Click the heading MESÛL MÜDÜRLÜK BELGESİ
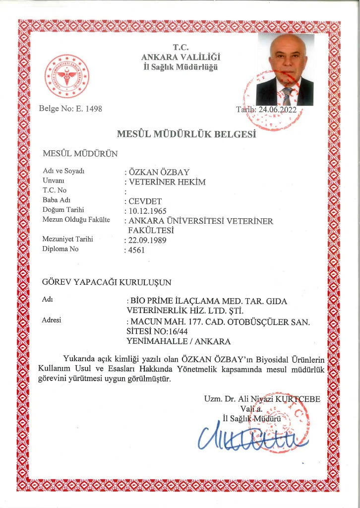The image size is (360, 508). point(186,134)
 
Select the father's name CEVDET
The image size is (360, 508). point(142,201)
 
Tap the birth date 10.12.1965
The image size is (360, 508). point(147,211)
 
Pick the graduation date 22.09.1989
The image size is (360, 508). point(147,240)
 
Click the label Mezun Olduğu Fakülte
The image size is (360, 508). point(76,220)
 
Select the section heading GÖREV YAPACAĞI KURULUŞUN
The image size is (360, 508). point(107,283)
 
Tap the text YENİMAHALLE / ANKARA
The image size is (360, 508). point(179,341)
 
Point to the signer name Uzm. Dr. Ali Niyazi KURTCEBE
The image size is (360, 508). point(262,399)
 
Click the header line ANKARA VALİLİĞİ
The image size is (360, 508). point(180,58)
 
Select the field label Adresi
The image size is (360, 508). point(52,320)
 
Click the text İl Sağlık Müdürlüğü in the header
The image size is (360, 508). point(180,67)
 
